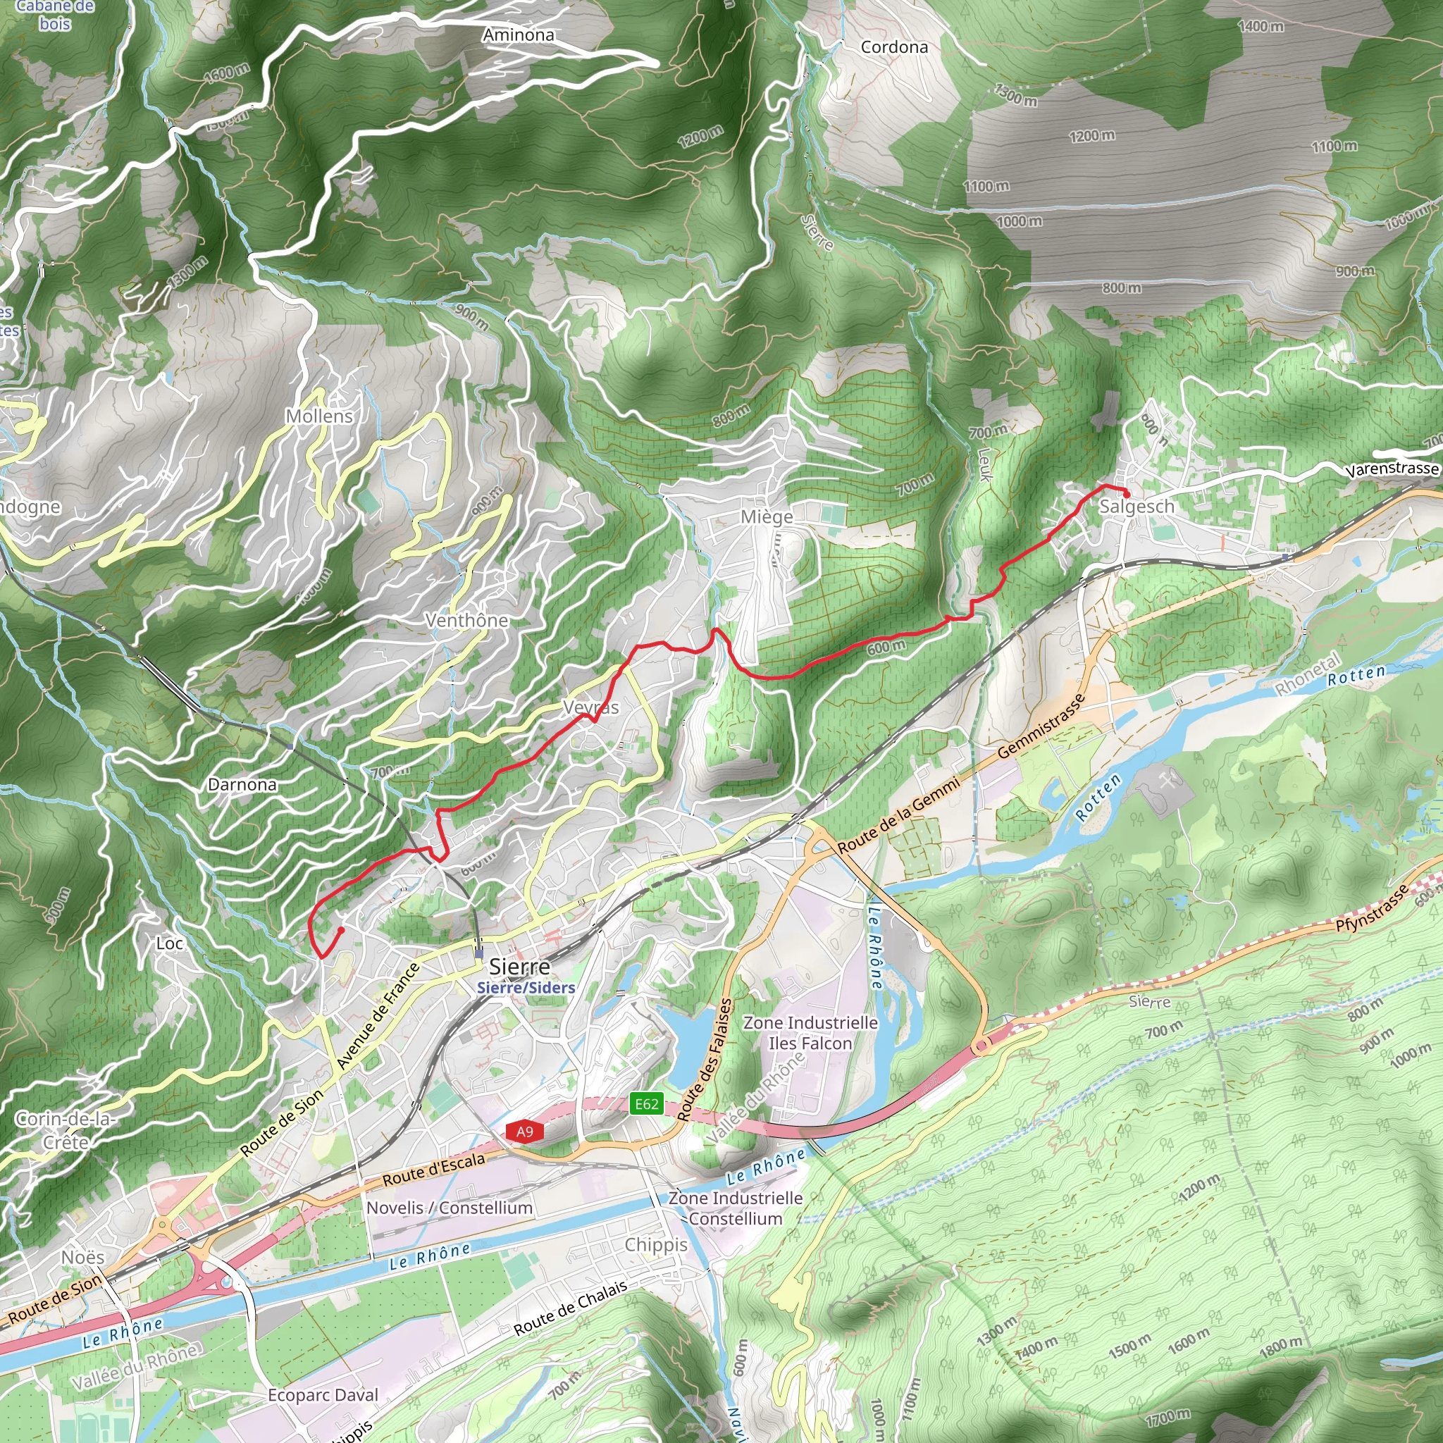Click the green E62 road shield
click(647, 1104)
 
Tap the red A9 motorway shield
click(524, 1132)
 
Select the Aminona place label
click(519, 35)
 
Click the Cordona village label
click(894, 47)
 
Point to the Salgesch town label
click(1137, 507)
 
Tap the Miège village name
click(767, 517)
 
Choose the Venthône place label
click(467, 620)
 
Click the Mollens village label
click(319, 416)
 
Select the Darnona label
click(242, 784)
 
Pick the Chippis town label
click(656, 1244)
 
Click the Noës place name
click(83, 1257)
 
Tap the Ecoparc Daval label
click(323, 1395)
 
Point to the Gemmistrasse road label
click(1041, 726)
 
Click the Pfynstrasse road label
click(1372, 907)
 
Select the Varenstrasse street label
click(1392, 469)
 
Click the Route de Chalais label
click(571, 1308)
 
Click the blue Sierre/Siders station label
click(526, 987)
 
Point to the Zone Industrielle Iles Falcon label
click(810, 1032)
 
